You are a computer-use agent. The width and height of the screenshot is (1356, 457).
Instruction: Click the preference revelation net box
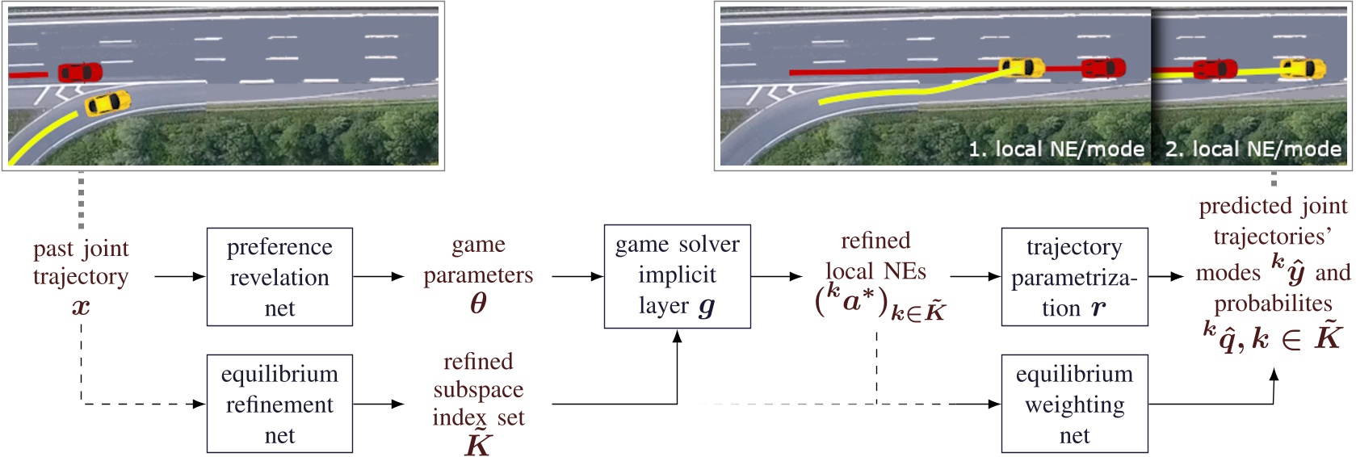279,277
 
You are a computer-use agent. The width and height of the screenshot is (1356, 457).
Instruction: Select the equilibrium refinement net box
279,404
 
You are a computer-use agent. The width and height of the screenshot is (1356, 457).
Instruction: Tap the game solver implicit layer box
677,276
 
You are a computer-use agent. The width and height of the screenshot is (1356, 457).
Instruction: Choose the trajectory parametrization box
1074,277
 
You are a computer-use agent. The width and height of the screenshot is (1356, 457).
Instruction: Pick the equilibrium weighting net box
1074,404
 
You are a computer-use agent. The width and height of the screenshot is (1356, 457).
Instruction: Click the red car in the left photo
80,73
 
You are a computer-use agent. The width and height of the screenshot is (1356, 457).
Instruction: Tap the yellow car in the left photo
107,103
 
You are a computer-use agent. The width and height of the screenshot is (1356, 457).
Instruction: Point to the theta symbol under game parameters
478,304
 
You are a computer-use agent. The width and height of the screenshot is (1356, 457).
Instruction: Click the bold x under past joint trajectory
81,307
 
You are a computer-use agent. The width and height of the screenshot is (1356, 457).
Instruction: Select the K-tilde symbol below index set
478,445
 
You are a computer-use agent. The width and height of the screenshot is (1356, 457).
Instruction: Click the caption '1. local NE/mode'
1056,149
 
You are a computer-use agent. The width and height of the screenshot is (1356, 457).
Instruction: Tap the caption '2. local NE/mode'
1253,149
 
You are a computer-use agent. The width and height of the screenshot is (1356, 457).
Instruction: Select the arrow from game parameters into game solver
577,277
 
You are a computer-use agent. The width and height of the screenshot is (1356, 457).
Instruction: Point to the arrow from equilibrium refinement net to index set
378,404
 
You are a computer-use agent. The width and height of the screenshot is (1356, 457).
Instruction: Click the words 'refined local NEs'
875,256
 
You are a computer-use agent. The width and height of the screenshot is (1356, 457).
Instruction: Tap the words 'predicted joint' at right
1273,207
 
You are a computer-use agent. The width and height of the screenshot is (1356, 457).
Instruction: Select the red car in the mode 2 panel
1215,69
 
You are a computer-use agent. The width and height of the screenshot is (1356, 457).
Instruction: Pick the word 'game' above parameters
478,245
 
